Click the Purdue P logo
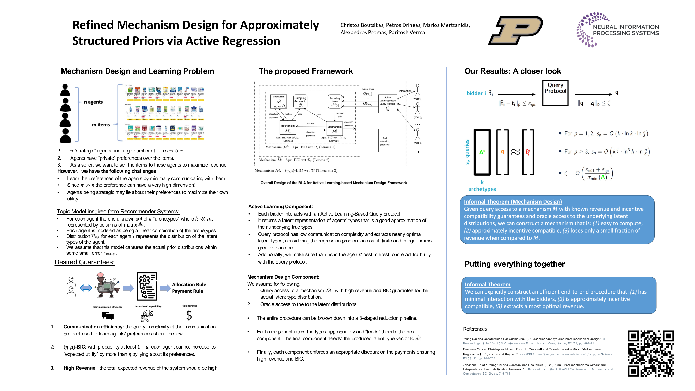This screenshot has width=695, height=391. pos(515,30)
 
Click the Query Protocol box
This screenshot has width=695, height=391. pos(555,93)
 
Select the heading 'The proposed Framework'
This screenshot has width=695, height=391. pos(306,71)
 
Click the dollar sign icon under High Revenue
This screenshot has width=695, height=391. pos(189,315)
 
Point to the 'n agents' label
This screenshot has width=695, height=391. pos(93,102)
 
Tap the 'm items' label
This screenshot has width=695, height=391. pos(101,125)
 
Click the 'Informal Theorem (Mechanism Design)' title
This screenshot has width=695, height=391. pos(513,201)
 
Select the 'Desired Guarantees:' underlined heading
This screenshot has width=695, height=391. pos(84,262)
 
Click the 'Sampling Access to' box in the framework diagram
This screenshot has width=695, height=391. pos(300,102)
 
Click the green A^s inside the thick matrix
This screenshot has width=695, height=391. pos(482,152)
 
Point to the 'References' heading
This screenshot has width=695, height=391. pos(475,329)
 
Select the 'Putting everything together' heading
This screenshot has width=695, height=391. pos(514,264)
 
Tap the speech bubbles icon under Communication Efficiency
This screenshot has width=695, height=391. pos(108,315)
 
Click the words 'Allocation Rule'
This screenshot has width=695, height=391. pos(189,284)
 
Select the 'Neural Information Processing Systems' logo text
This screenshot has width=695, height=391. pos(626,30)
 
